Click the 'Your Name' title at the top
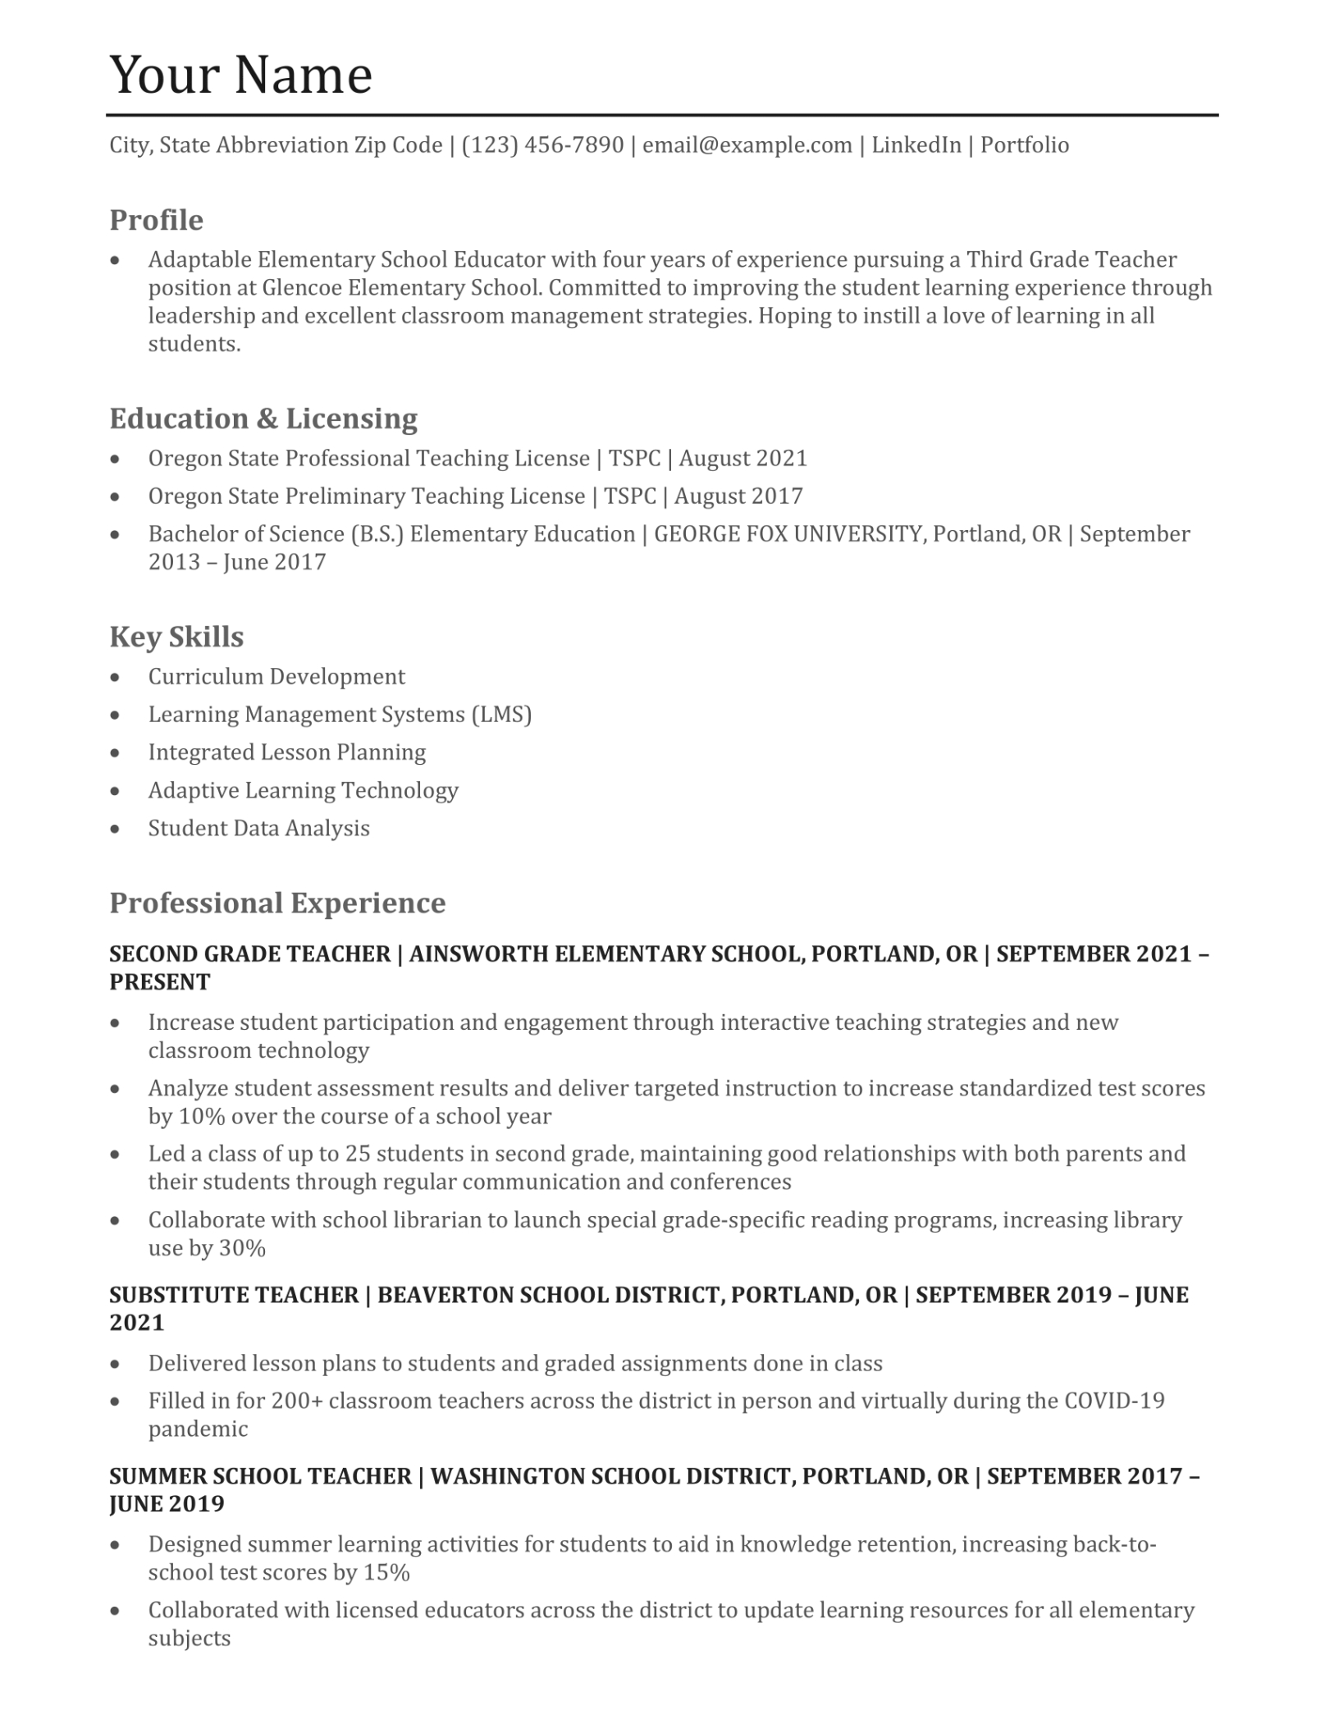240,75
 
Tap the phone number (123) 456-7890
542,145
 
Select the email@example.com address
747,145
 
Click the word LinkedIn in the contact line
916,145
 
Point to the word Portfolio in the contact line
1025,145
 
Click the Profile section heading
156,220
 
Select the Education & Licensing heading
263,418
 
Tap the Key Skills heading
176,637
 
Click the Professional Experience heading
277,903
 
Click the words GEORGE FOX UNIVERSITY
788,534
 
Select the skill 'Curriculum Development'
276,677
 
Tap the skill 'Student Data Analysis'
258,828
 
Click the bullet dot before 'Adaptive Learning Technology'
116,791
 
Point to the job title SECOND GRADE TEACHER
249,954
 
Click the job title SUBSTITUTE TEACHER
234,1295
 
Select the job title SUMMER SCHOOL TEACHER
260,1476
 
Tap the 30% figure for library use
242,1248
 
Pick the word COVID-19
1114,1401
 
